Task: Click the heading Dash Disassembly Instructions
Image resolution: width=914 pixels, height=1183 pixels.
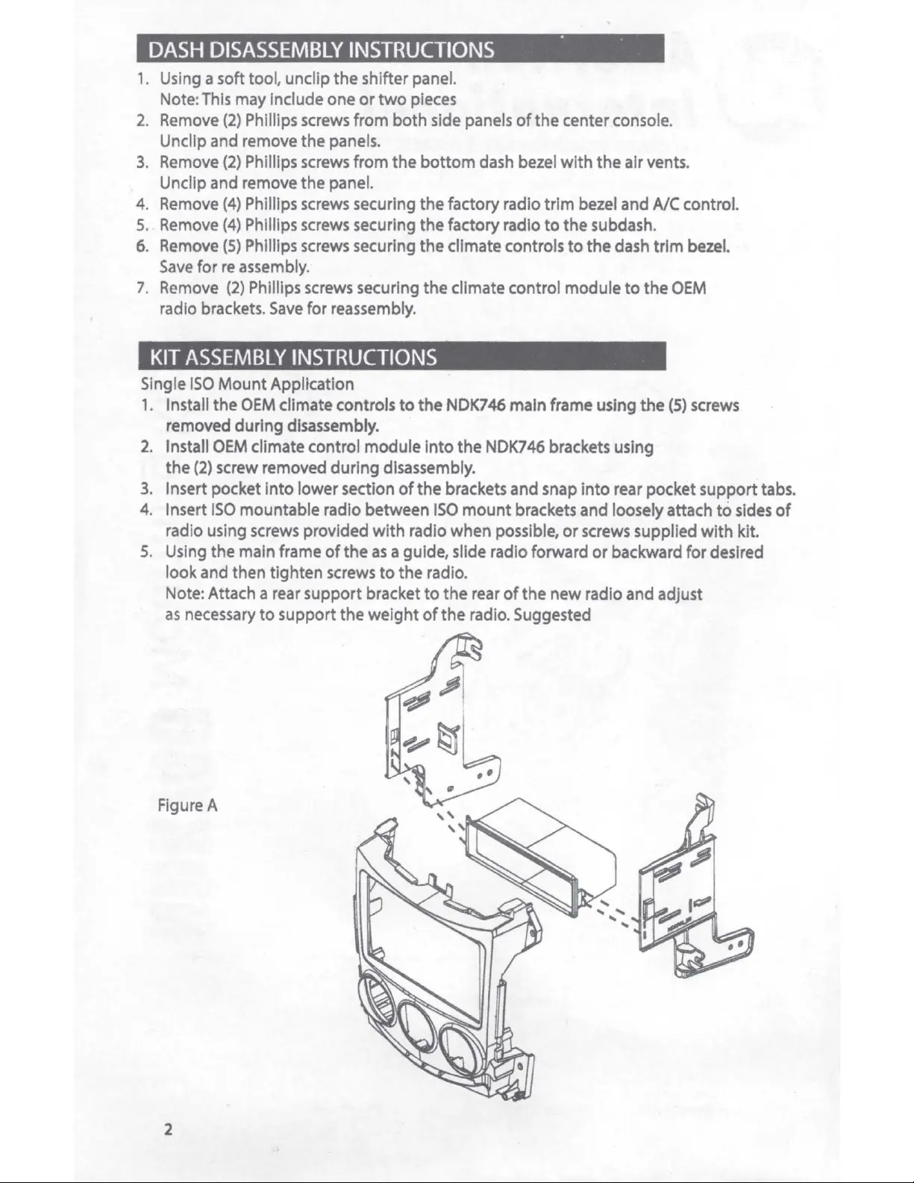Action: click(x=321, y=50)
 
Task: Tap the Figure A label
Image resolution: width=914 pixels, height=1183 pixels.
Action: click(x=187, y=805)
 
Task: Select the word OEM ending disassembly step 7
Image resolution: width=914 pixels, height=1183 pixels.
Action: click(x=689, y=288)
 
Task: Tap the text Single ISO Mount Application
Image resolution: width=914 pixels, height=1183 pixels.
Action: click(x=248, y=384)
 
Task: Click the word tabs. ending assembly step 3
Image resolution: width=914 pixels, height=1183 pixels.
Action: click(x=778, y=490)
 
